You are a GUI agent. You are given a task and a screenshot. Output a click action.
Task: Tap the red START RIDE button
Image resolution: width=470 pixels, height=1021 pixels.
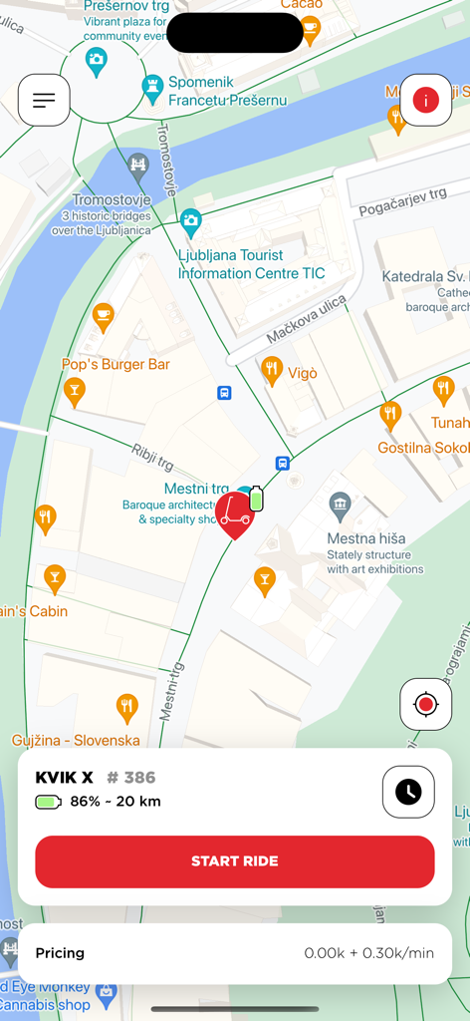click(235, 861)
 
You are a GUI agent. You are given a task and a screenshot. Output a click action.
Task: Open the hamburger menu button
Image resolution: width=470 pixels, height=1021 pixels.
click(44, 100)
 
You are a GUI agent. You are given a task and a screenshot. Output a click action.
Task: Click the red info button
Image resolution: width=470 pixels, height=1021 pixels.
click(426, 100)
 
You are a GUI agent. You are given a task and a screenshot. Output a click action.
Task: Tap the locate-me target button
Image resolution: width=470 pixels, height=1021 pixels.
click(426, 705)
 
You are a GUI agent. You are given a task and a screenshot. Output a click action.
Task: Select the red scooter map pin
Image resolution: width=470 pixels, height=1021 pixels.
click(235, 513)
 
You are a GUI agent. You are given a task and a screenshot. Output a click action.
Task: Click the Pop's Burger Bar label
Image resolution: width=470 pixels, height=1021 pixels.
click(117, 365)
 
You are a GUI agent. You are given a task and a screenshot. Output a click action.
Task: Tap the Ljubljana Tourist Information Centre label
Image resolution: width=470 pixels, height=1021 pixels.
click(251, 264)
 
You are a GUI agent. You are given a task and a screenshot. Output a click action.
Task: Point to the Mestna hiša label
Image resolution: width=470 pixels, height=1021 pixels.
click(365, 538)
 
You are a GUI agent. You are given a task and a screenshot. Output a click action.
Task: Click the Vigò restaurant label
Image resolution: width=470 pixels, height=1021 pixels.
click(303, 373)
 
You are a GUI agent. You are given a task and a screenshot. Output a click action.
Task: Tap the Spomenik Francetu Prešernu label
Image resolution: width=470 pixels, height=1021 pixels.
click(227, 92)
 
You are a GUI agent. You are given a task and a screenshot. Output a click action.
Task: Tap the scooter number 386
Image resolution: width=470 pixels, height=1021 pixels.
click(131, 778)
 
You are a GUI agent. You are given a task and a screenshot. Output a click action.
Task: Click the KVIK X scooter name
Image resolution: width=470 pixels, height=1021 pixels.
click(64, 778)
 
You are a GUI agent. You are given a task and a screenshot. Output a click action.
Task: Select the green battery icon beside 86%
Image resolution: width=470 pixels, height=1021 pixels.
click(48, 802)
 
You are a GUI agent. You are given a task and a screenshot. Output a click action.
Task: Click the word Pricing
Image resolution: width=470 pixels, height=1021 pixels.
click(60, 953)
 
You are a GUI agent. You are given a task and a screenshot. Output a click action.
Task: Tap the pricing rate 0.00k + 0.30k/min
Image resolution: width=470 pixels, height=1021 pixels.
click(368, 953)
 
